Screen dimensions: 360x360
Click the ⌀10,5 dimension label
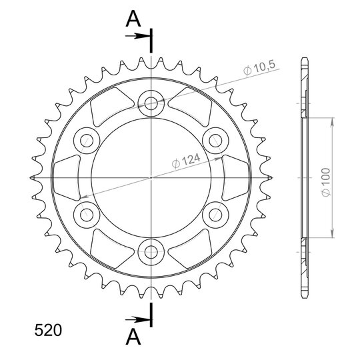(x=259, y=68)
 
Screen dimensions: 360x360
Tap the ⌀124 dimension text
(x=186, y=161)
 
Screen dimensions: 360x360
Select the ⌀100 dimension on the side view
(x=326, y=182)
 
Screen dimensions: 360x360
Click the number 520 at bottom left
(x=48, y=330)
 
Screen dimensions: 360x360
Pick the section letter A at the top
(x=133, y=19)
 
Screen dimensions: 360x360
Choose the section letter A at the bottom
(x=133, y=337)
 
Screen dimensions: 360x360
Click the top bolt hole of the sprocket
(x=151, y=103)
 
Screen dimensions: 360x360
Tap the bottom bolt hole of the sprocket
(x=151, y=252)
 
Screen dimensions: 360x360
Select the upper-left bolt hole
(x=87, y=141)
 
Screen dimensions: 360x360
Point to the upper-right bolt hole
(x=215, y=141)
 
